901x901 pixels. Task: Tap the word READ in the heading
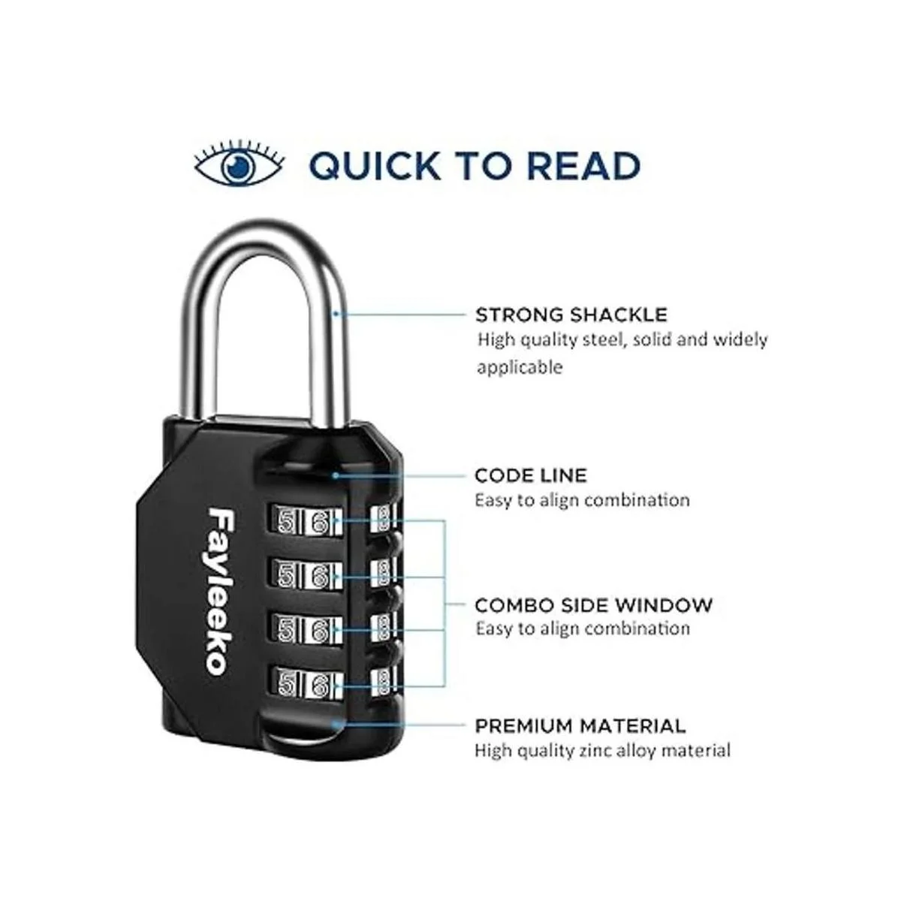pos(579,166)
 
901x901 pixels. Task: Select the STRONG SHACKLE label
pos(571,314)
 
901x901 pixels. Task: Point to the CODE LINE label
pos(531,475)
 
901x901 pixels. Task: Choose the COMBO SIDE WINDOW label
pos(593,604)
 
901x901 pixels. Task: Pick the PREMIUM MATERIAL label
pos(580,726)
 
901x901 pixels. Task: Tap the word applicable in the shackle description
pos(520,367)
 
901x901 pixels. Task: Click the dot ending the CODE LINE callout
pos(336,475)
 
